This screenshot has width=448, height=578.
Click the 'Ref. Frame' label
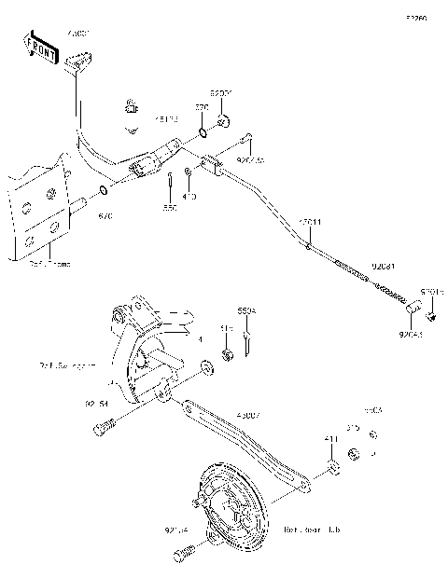(49, 264)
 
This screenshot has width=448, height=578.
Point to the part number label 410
(189, 197)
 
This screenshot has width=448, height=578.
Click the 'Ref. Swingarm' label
(69, 365)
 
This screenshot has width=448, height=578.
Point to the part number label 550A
(245, 310)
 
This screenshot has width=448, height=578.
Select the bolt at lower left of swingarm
(103, 428)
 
